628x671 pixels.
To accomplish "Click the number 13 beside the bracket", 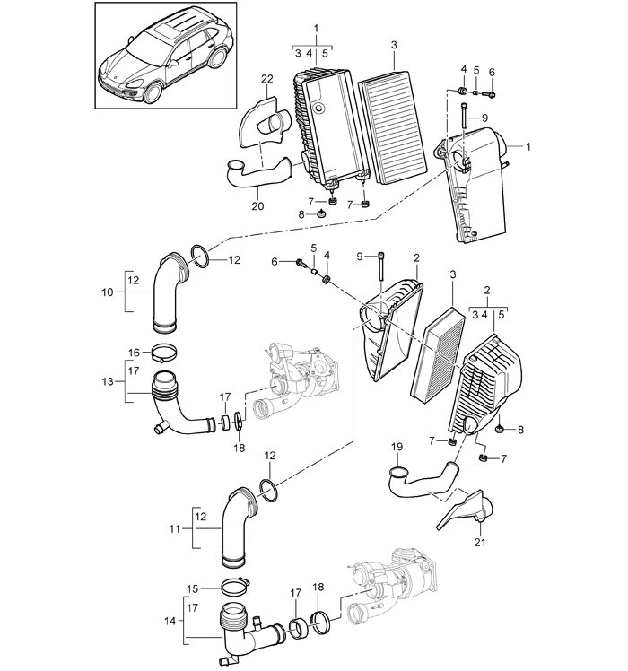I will pyautogui.click(x=109, y=382).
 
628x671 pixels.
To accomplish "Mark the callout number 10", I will pyautogui.click(x=106, y=291).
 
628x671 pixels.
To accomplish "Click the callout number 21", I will pyautogui.click(x=478, y=542).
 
